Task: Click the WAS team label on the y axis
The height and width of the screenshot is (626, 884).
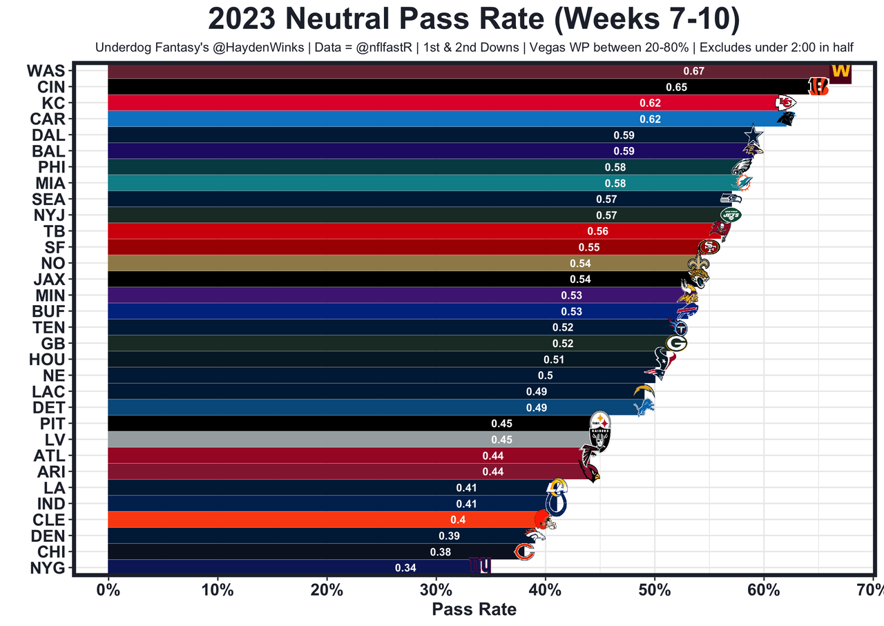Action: coord(46,71)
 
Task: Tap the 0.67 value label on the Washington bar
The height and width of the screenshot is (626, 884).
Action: coord(693,71)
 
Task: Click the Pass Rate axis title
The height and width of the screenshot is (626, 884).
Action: coord(474,609)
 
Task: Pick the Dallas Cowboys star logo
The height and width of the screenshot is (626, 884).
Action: coord(754,135)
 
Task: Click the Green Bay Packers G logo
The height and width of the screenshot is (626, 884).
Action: coord(676,343)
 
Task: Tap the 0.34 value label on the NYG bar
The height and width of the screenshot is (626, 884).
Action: coord(405,567)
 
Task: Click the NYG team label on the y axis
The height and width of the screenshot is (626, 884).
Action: coord(46,568)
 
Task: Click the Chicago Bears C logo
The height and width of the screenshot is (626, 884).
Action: coord(525,551)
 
